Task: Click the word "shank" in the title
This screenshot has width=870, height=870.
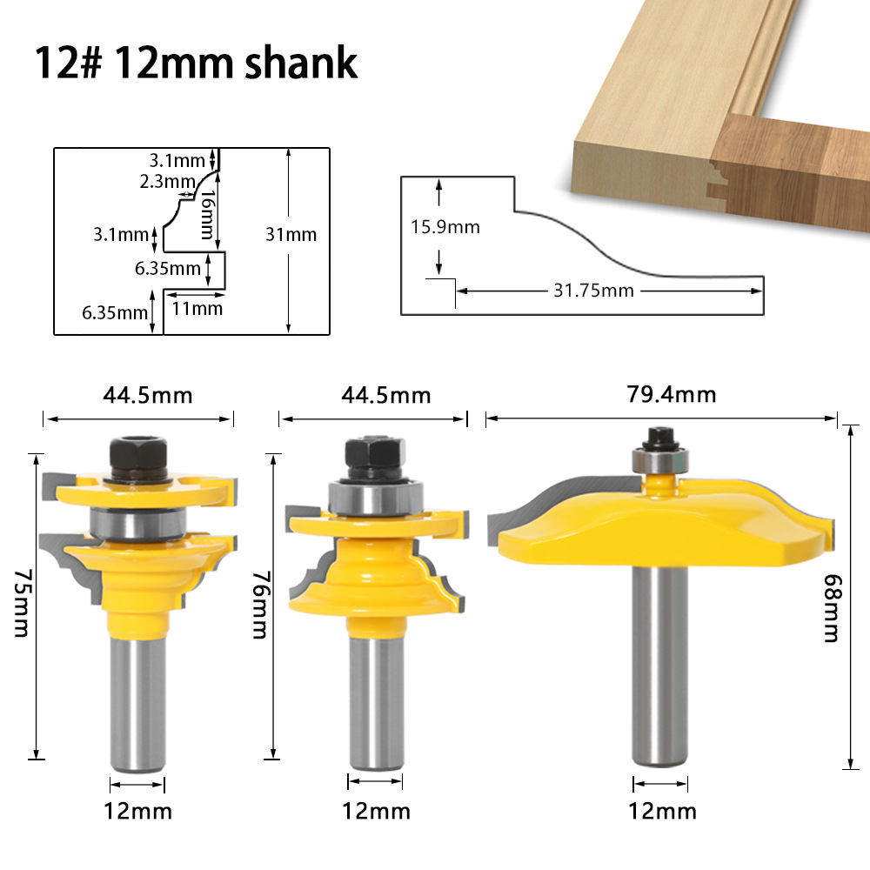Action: [299, 63]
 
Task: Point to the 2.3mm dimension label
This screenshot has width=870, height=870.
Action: [167, 181]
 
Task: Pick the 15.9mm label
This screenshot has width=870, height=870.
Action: [445, 227]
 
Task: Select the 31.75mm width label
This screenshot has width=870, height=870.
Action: [593, 290]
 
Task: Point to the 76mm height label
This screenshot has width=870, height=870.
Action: [258, 605]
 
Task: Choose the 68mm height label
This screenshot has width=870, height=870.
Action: [831, 609]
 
